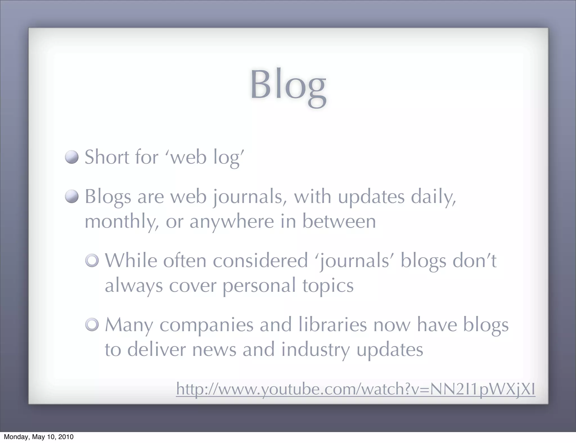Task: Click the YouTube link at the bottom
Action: click(355, 389)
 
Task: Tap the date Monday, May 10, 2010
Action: click(39, 437)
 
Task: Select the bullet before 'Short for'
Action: click(72, 157)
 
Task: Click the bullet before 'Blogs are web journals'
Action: click(72, 196)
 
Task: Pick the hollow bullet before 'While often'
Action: click(92, 261)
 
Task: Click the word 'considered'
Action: click(260, 261)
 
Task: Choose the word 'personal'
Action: click(259, 286)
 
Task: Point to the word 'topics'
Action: click(328, 286)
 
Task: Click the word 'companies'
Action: click(206, 326)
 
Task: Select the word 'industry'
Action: click(316, 350)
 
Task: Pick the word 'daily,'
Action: click(433, 197)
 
